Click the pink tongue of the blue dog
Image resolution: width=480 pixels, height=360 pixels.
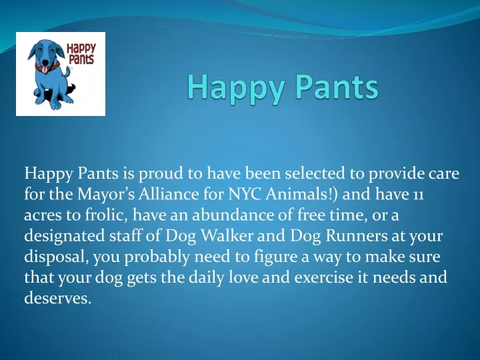45,70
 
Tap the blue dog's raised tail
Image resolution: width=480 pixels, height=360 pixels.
67,71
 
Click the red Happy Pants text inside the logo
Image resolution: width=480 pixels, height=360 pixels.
81,53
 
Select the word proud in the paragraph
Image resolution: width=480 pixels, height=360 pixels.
161,174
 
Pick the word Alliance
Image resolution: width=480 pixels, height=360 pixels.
169,194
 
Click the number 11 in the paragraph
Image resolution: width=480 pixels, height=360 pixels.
417,195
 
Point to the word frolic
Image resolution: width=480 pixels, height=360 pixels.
106,215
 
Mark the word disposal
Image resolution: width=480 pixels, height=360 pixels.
57,257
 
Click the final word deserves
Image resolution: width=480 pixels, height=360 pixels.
58,299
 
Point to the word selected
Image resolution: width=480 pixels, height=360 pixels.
315,173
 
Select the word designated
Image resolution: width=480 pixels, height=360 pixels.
65,236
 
